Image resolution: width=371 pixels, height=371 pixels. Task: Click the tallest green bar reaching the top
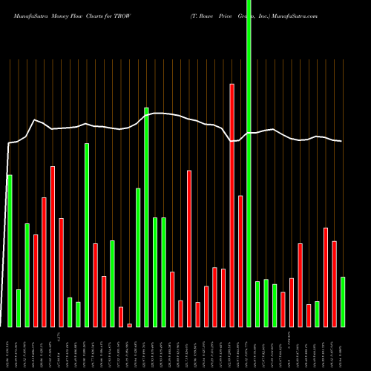pyautogui.click(x=249, y=163)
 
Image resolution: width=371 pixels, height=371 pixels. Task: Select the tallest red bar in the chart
pyautogui.click(x=232, y=205)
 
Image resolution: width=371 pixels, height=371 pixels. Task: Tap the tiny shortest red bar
pyautogui.click(x=129, y=325)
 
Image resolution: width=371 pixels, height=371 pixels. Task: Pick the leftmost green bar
pyautogui.click(x=10, y=251)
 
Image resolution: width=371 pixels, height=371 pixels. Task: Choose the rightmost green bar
pyautogui.click(x=343, y=301)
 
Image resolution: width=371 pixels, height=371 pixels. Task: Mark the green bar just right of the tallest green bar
pyautogui.click(x=257, y=303)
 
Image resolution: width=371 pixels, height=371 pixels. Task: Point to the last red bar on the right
pyautogui.click(x=334, y=283)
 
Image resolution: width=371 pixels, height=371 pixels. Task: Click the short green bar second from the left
pyautogui.click(x=19, y=308)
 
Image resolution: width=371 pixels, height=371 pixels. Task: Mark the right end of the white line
pyautogui.click(x=341, y=141)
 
